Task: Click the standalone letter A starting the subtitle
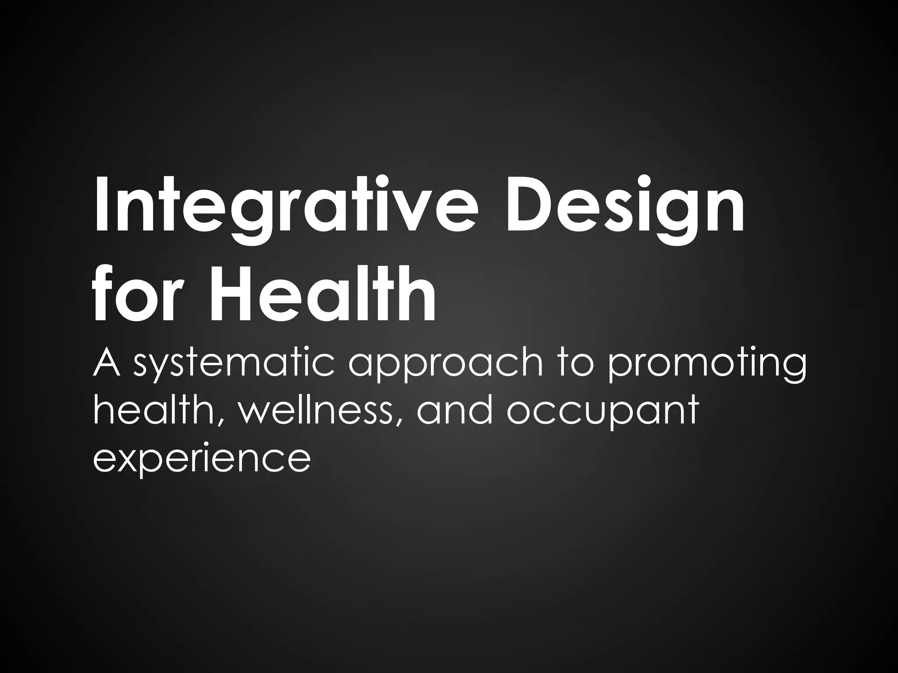[x=106, y=363]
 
